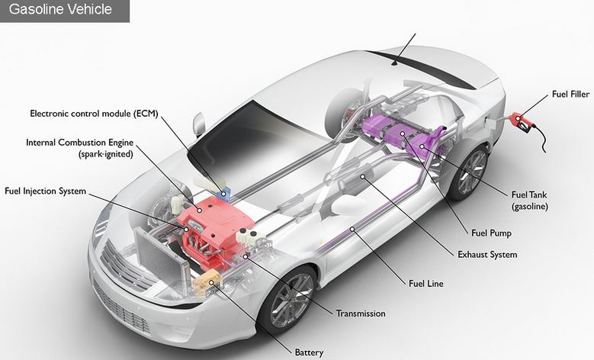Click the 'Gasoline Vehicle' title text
click(x=60, y=9)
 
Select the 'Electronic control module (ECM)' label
click(x=94, y=114)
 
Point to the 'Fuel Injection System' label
click(x=46, y=191)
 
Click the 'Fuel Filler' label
click(x=570, y=94)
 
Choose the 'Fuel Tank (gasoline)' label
click(x=529, y=201)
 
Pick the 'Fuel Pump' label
click(x=491, y=233)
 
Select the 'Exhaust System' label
click(x=487, y=254)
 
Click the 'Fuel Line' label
click(x=425, y=284)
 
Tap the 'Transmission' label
click(x=361, y=313)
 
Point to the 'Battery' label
click(x=309, y=352)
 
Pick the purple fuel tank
click(x=403, y=137)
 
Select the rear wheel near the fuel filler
click(x=470, y=172)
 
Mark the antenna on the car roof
click(x=406, y=50)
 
